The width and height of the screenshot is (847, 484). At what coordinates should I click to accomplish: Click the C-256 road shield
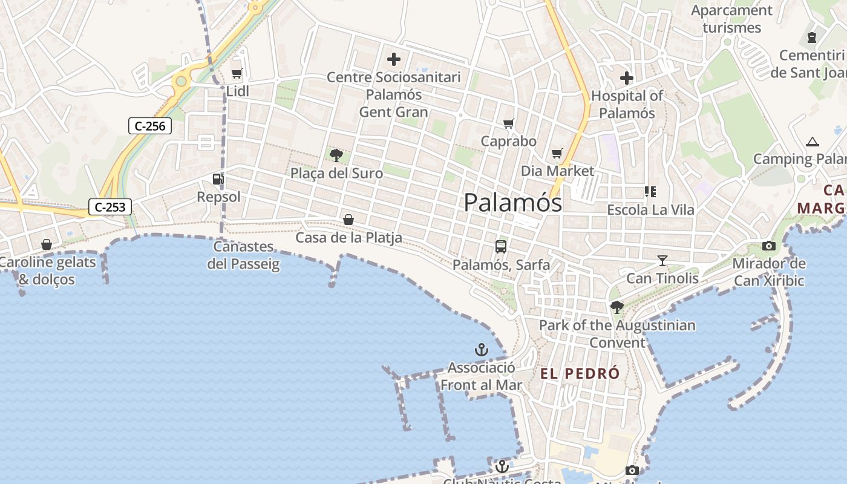tap(150, 126)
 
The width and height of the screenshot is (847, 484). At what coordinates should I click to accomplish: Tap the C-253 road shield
tap(110, 207)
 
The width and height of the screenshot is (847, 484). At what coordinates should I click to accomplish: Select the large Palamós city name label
tap(512, 203)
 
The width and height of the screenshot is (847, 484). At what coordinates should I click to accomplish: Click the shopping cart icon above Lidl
tap(237, 74)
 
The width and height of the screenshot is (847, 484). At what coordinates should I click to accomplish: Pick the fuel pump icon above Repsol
tap(218, 178)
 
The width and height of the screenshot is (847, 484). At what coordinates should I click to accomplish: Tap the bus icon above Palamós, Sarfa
tap(501, 246)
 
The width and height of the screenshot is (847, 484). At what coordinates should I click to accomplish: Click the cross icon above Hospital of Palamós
tap(627, 78)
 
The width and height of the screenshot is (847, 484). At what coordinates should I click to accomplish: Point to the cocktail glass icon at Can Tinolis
tap(662, 261)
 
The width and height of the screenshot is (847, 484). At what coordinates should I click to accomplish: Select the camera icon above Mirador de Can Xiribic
tap(769, 246)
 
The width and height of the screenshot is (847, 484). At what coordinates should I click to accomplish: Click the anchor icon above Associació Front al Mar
tap(481, 350)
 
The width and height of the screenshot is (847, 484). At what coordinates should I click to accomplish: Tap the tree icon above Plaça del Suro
tap(336, 155)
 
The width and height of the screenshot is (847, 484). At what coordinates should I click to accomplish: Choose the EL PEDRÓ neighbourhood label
tap(580, 373)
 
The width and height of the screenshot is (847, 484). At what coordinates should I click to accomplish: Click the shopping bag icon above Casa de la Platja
tap(348, 220)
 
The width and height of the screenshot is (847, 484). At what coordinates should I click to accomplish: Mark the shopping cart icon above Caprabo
tap(509, 123)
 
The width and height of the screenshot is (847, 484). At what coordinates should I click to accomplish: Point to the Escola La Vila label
tap(650, 210)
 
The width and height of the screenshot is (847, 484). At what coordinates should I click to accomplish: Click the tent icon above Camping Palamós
tap(812, 142)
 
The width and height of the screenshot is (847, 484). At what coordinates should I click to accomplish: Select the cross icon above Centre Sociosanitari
tap(394, 59)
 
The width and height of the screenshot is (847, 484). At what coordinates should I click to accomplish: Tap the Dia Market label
tap(558, 171)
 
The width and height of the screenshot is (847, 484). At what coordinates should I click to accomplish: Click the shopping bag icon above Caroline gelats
tap(47, 244)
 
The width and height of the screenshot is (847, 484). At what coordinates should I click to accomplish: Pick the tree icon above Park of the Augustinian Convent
tap(617, 307)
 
